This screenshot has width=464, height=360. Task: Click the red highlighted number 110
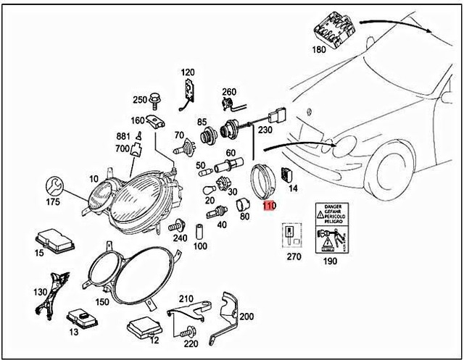click(269, 206)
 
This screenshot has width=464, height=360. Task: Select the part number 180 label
click(319, 51)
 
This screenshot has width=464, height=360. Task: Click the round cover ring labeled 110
click(264, 182)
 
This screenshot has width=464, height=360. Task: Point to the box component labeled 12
click(144, 329)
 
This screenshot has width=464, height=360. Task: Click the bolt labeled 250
click(157, 99)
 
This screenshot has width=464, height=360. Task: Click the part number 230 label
click(264, 130)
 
